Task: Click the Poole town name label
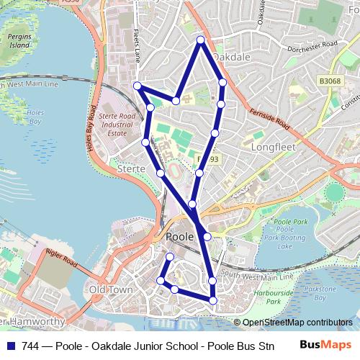pyautogui.click(x=179, y=236)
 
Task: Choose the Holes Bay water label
pyautogui.click(x=35, y=117)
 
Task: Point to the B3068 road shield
pyautogui.click(x=330, y=81)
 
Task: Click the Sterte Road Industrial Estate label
pyautogui.click(x=117, y=124)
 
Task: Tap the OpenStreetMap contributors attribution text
pyautogui.click(x=293, y=322)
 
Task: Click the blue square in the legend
pyautogui.click(x=10, y=345)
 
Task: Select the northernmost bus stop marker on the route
pyautogui.click(x=200, y=40)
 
